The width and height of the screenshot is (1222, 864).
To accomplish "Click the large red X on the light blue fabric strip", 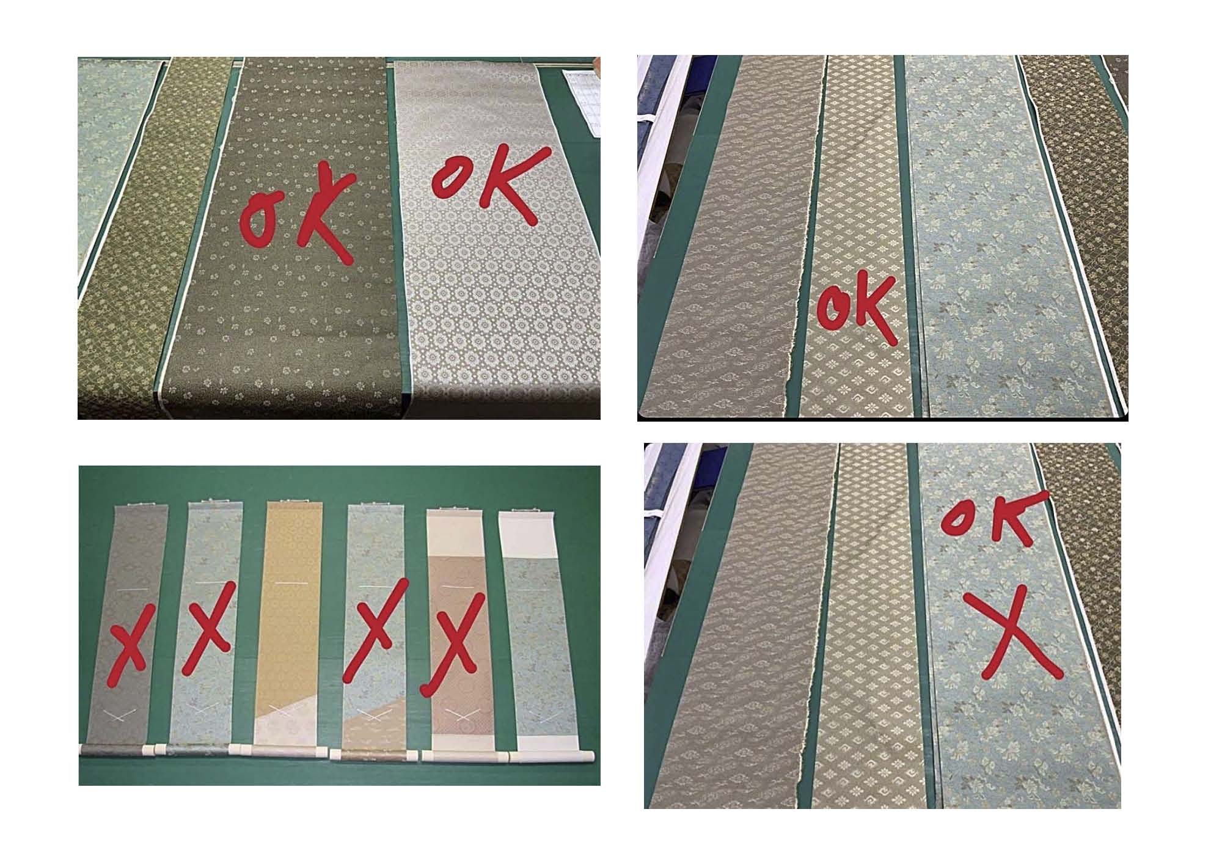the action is (x=1017, y=635).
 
